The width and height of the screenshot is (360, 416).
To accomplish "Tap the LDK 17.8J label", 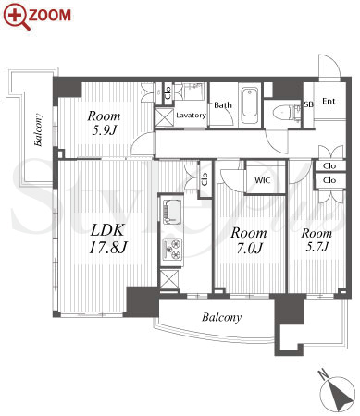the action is point(107,239).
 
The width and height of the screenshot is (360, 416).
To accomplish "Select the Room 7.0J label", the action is point(249,240).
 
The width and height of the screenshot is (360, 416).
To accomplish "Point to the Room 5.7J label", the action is point(317,239).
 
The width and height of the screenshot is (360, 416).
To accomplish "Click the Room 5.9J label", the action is point(104,123).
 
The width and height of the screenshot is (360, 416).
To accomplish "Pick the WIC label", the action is point(263,180).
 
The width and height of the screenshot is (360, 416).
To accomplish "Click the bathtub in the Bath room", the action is point(250,105).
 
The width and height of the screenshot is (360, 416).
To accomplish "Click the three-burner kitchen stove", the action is point(173,249).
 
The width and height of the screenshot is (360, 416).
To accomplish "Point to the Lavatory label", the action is point(191,116).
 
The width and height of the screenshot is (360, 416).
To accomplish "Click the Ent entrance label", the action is point(329,101).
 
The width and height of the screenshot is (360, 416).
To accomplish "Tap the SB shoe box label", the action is point(308,104).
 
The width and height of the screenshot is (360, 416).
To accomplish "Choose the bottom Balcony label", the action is point(221,317).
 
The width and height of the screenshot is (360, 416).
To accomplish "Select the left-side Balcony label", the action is point(38,129).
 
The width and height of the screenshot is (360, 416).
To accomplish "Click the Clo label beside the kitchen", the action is point(205,178).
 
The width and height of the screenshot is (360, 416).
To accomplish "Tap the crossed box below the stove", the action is point(169,279).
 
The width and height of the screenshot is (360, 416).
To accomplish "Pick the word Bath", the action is point(223,105).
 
